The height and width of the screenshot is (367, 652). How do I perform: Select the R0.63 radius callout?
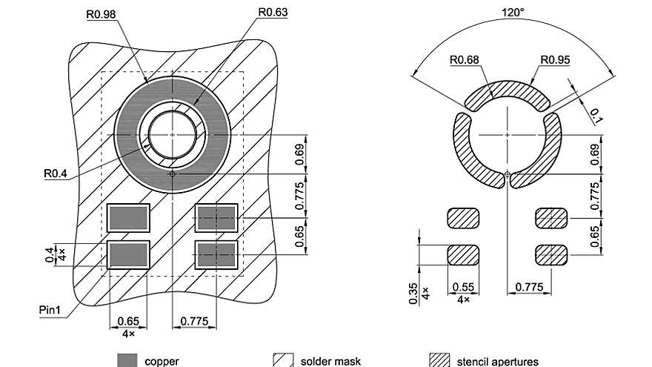click(273, 12)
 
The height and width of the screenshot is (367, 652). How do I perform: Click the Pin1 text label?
click(53, 308)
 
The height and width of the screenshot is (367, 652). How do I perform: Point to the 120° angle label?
click(512, 13)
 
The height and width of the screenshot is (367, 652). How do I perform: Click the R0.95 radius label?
click(555, 60)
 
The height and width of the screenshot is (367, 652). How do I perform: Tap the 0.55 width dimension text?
click(462, 288)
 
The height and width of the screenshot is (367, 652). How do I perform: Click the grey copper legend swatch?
click(127, 360)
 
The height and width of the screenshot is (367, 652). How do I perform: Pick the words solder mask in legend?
click(330, 361)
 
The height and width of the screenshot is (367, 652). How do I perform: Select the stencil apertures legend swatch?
click(440, 360)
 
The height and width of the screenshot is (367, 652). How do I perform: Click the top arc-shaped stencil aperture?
click(508, 92)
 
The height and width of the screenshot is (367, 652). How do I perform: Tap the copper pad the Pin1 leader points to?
click(128, 254)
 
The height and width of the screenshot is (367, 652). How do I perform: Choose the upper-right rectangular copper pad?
click(216, 217)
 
